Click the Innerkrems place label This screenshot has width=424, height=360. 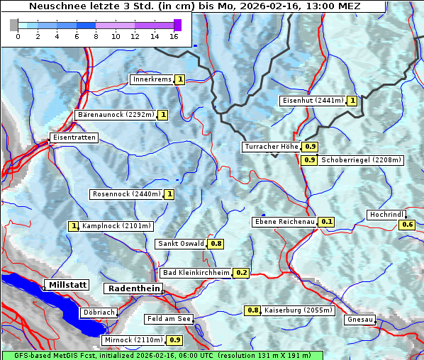point(152,79)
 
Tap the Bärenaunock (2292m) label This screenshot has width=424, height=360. point(115,114)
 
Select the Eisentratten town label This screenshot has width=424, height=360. point(73,137)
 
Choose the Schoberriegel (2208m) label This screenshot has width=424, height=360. point(361,160)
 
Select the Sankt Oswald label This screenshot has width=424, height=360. point(181,244)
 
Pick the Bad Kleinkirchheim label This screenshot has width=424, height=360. point(196,273)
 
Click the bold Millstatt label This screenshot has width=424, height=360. point(67,285)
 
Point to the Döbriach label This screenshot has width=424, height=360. point(99,312)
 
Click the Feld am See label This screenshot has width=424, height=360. point(169,319)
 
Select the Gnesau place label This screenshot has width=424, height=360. point(360,320)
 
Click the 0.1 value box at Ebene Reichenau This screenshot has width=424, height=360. point(327,222)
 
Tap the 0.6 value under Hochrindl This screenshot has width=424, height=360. point(408,225)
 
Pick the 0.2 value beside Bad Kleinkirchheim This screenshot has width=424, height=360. point(242,273)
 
